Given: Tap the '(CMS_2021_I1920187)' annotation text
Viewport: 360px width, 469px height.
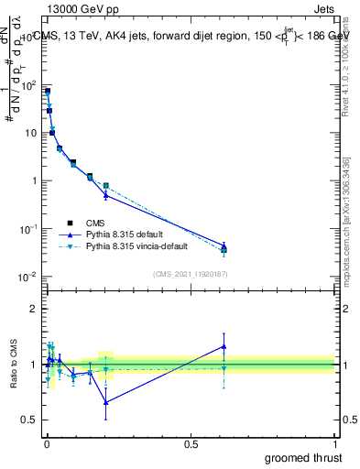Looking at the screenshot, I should coord(191,272).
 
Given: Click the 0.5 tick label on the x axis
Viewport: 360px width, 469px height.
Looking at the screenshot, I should coord(191,442).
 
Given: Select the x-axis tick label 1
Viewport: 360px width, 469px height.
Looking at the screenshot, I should coord(334,442).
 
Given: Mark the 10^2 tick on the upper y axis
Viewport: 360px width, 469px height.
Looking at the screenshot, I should coord(29,85).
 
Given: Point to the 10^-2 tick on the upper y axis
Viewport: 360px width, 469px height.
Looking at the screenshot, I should coord(29,276).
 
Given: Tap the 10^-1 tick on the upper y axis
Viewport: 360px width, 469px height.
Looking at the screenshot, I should coord(29,228).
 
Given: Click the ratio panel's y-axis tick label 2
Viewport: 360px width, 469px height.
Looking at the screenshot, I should coord(34,309).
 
